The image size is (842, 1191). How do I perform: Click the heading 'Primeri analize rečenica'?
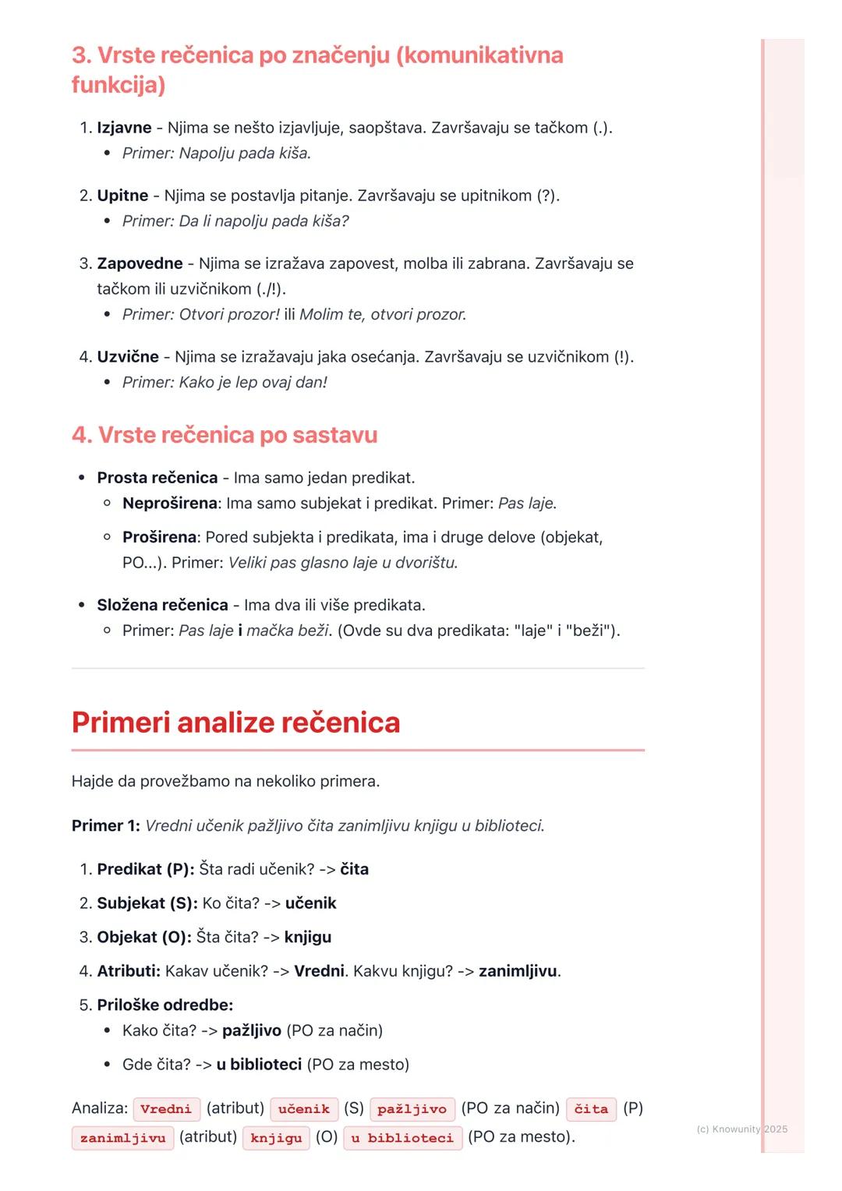[235, 723]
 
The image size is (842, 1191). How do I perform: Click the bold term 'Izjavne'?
[124, 128]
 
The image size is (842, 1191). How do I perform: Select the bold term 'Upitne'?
[122, 196]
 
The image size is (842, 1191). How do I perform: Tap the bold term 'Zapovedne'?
[140, 263]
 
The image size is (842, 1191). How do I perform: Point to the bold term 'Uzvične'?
[128, 357]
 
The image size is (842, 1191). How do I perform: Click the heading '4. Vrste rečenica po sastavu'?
[225, 435]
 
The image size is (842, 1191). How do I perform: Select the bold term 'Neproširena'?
[169, 504]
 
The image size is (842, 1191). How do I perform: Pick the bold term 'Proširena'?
[159, 537]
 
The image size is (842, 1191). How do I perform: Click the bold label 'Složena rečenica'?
[162, 605]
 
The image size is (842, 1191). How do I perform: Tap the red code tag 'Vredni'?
[166, 1109]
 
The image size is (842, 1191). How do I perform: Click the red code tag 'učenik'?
[304, 1109]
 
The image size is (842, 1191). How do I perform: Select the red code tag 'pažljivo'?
[412, 1109]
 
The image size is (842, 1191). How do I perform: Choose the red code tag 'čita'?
[591, 1109]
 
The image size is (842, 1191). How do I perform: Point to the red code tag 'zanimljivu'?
[122, 1138]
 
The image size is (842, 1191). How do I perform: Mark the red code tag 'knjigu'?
[276, 1138]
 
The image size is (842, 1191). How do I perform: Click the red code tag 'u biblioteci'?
[402, 1138]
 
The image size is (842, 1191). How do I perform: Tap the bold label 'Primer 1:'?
[105, 825]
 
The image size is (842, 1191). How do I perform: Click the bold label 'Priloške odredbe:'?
[165, 1005]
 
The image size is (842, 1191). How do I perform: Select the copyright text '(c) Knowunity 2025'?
[741, 1129]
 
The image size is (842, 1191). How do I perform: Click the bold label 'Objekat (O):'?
[144, 937]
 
